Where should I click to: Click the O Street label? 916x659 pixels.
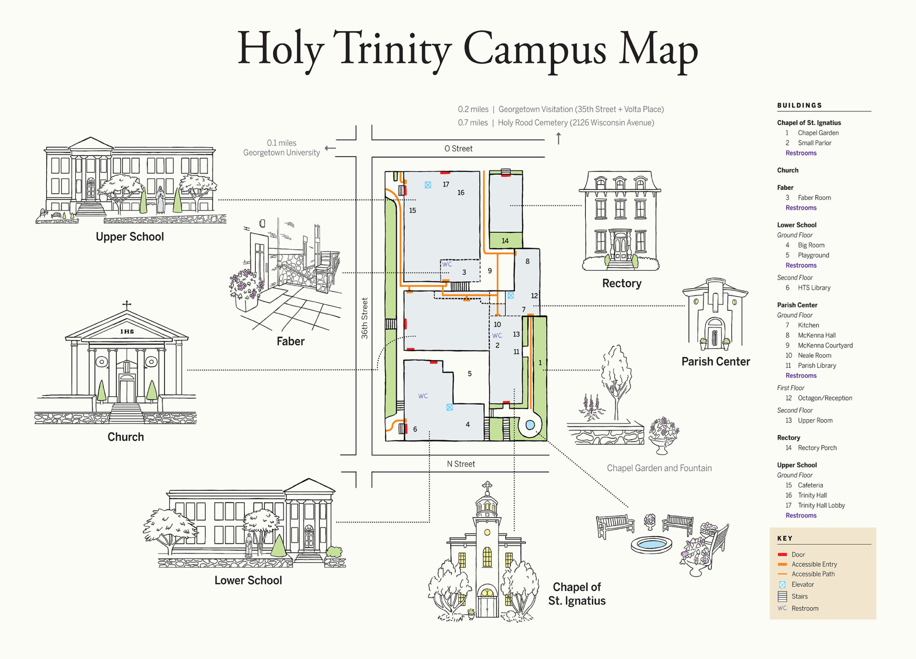458,148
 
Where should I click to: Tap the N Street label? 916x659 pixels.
461,464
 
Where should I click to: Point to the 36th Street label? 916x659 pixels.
365,318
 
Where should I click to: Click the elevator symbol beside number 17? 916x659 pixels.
428,185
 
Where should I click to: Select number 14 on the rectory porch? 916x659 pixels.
505,240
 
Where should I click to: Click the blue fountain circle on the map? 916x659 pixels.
530,425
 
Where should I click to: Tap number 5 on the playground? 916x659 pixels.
470,374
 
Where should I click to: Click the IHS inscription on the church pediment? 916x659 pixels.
127,332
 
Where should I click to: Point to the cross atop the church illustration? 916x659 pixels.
127,305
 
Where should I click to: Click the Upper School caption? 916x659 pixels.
130,236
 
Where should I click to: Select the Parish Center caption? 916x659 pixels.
716,361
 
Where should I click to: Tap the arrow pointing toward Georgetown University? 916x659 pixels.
330,148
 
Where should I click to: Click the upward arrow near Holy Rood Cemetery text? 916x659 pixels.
558,138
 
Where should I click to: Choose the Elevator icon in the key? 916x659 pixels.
782,584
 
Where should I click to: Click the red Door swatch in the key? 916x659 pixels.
782,554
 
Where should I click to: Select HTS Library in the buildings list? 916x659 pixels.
814,288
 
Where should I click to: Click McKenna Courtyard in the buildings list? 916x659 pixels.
825,345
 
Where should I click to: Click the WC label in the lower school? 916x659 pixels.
423,396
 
